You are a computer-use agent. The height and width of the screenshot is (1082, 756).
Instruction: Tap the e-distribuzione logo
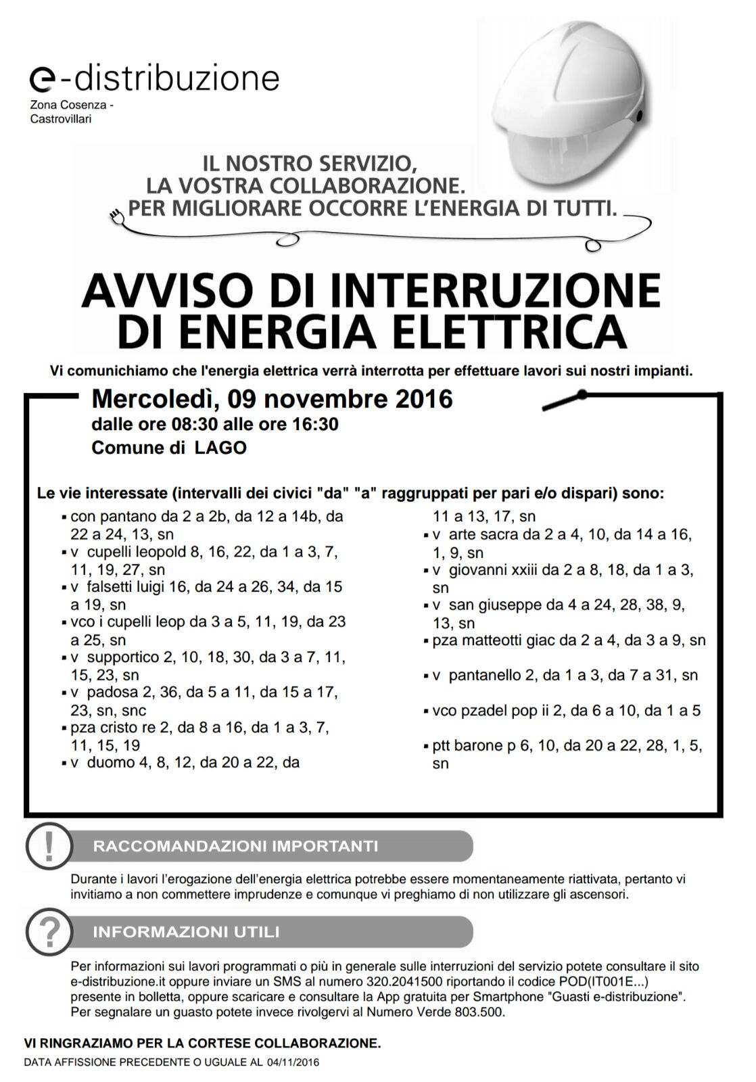155,78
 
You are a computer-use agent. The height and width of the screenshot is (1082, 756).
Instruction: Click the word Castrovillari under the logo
60,119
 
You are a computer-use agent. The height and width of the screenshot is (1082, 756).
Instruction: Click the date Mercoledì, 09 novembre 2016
272,398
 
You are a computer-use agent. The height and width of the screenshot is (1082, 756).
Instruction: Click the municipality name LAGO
220,448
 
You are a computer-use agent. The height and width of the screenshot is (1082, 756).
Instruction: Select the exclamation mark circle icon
49,845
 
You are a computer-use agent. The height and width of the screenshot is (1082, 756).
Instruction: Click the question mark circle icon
49,931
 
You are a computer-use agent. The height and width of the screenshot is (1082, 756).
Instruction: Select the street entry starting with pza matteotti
568,640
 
